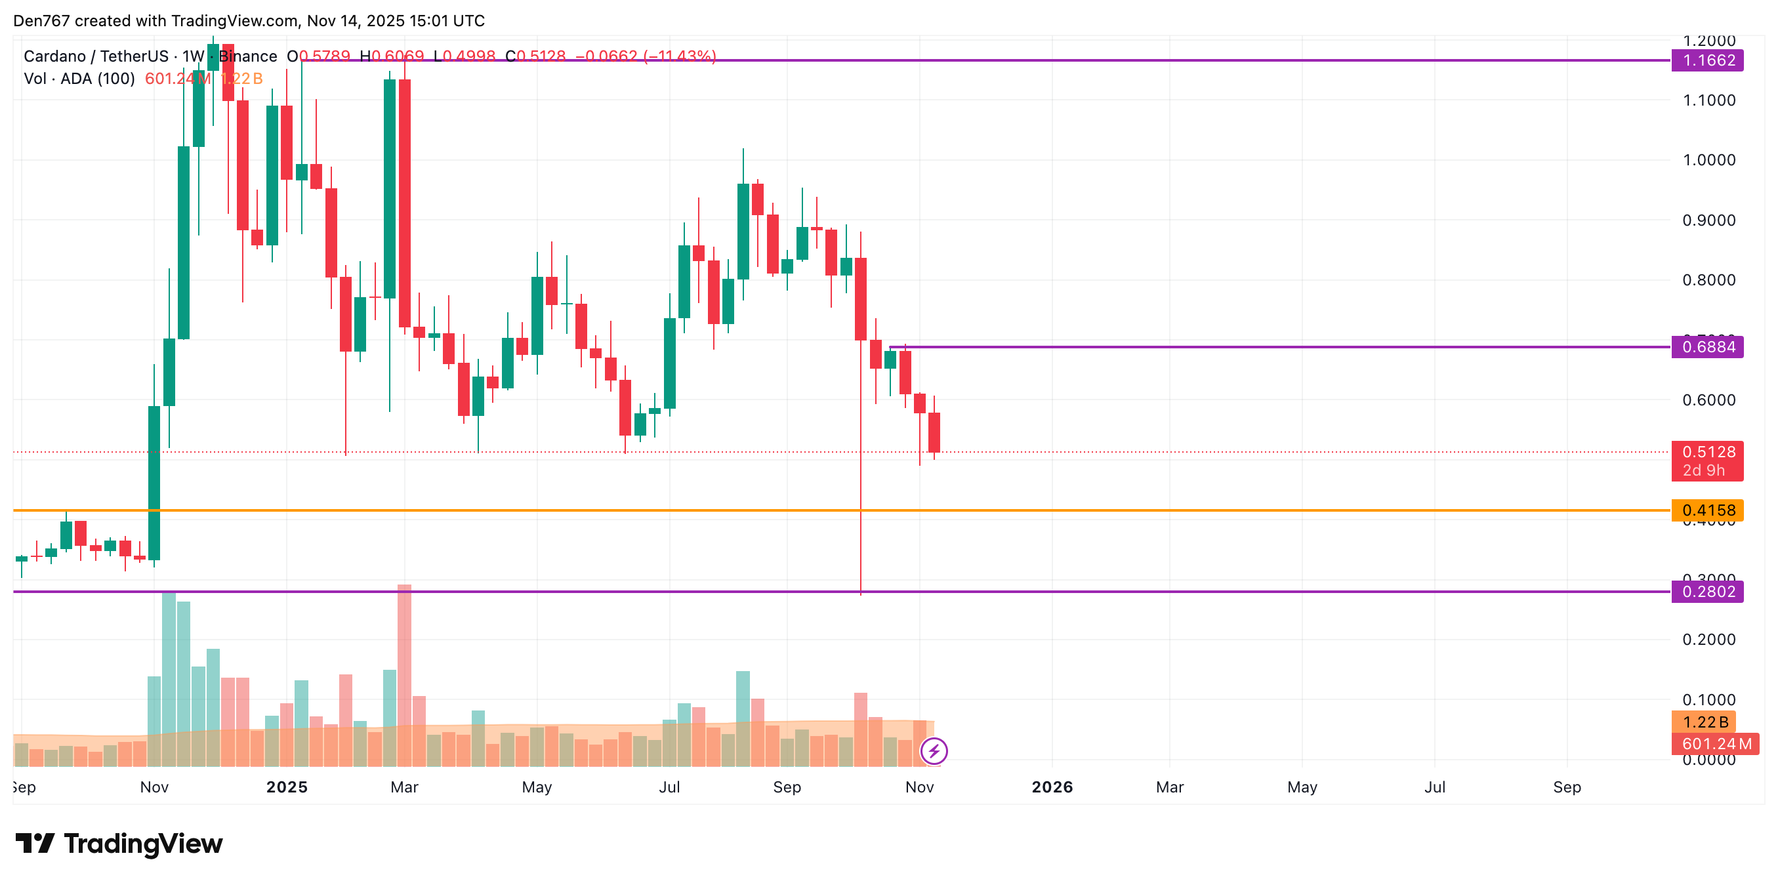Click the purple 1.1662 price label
point(1708,61)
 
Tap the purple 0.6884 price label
point(1708,346)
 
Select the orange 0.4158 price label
point(1708,510)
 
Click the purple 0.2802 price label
point(1708,592)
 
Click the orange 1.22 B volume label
point(1704,722)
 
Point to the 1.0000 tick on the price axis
point(1708,160)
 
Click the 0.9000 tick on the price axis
point(1708,220)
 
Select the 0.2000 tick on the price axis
point(1708,640)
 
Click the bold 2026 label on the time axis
point(1052,787)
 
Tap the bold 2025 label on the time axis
point(287,787)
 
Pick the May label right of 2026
point(1302,787)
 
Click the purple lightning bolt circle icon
point(934,751)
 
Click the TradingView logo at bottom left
point(119,844)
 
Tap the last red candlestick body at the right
point(934,432)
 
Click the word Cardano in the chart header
point(54,56)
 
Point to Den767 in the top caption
point(41,21)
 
